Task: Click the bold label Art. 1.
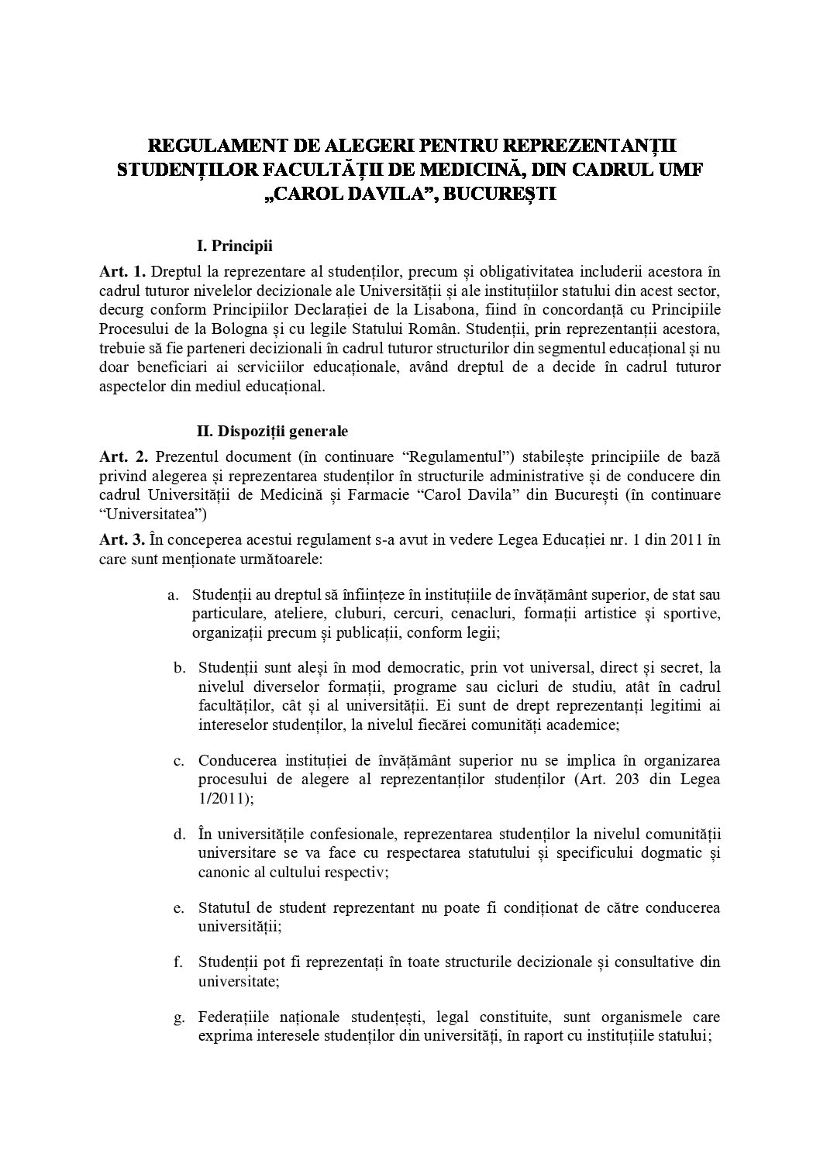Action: pos(122,272)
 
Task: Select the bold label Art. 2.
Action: pos(122,455)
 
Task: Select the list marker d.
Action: pos(177,835)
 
